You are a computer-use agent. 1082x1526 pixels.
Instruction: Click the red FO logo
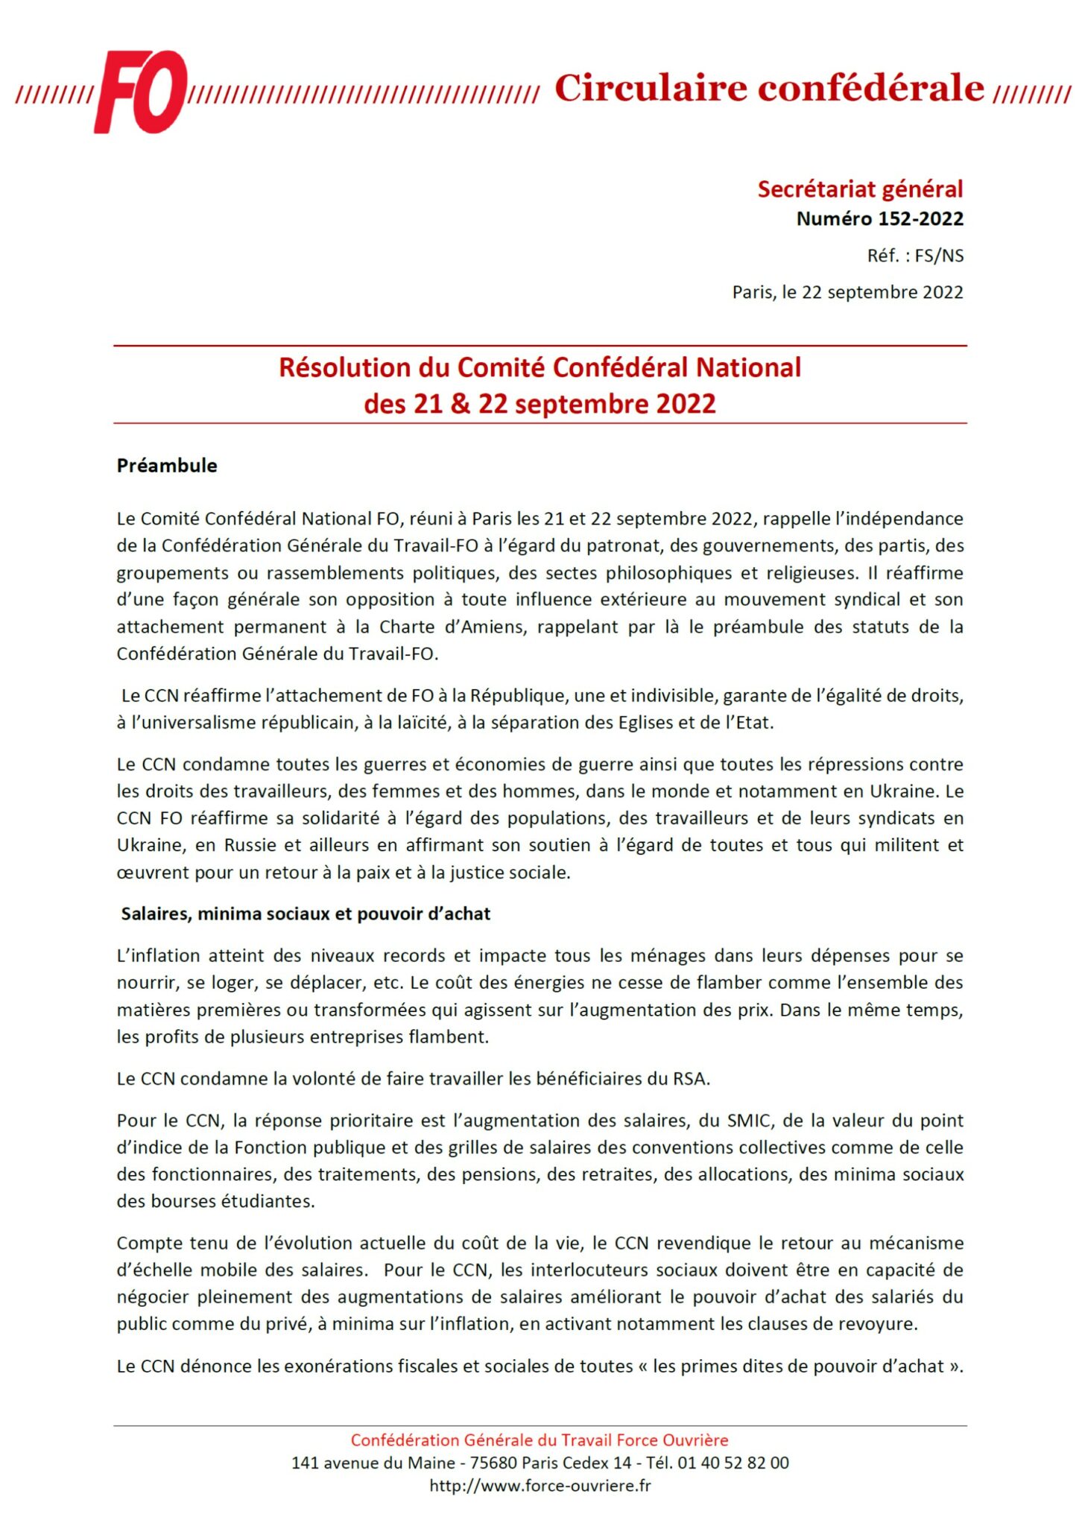(x=140, y=92)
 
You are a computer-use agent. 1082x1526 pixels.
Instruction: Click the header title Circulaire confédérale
(x=769, y=88)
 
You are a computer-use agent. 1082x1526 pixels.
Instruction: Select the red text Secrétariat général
(x=860, y=189)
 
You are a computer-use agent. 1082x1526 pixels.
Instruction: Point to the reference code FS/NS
(x=939, y=256)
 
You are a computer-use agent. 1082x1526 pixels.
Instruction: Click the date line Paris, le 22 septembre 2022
(x=847, y=292)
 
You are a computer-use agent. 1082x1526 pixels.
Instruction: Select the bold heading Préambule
(x=167, y=466)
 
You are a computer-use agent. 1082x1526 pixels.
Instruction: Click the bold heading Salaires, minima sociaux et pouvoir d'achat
(x=306, y=914)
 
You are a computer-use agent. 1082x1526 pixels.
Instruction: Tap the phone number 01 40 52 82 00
(x=733, y=1463)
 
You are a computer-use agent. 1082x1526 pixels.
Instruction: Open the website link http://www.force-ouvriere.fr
(x=540, y=1486)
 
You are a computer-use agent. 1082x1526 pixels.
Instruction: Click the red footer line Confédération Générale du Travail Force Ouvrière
(x=540, y=1440)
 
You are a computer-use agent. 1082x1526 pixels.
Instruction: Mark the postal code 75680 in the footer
(x=493, y=1463)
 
